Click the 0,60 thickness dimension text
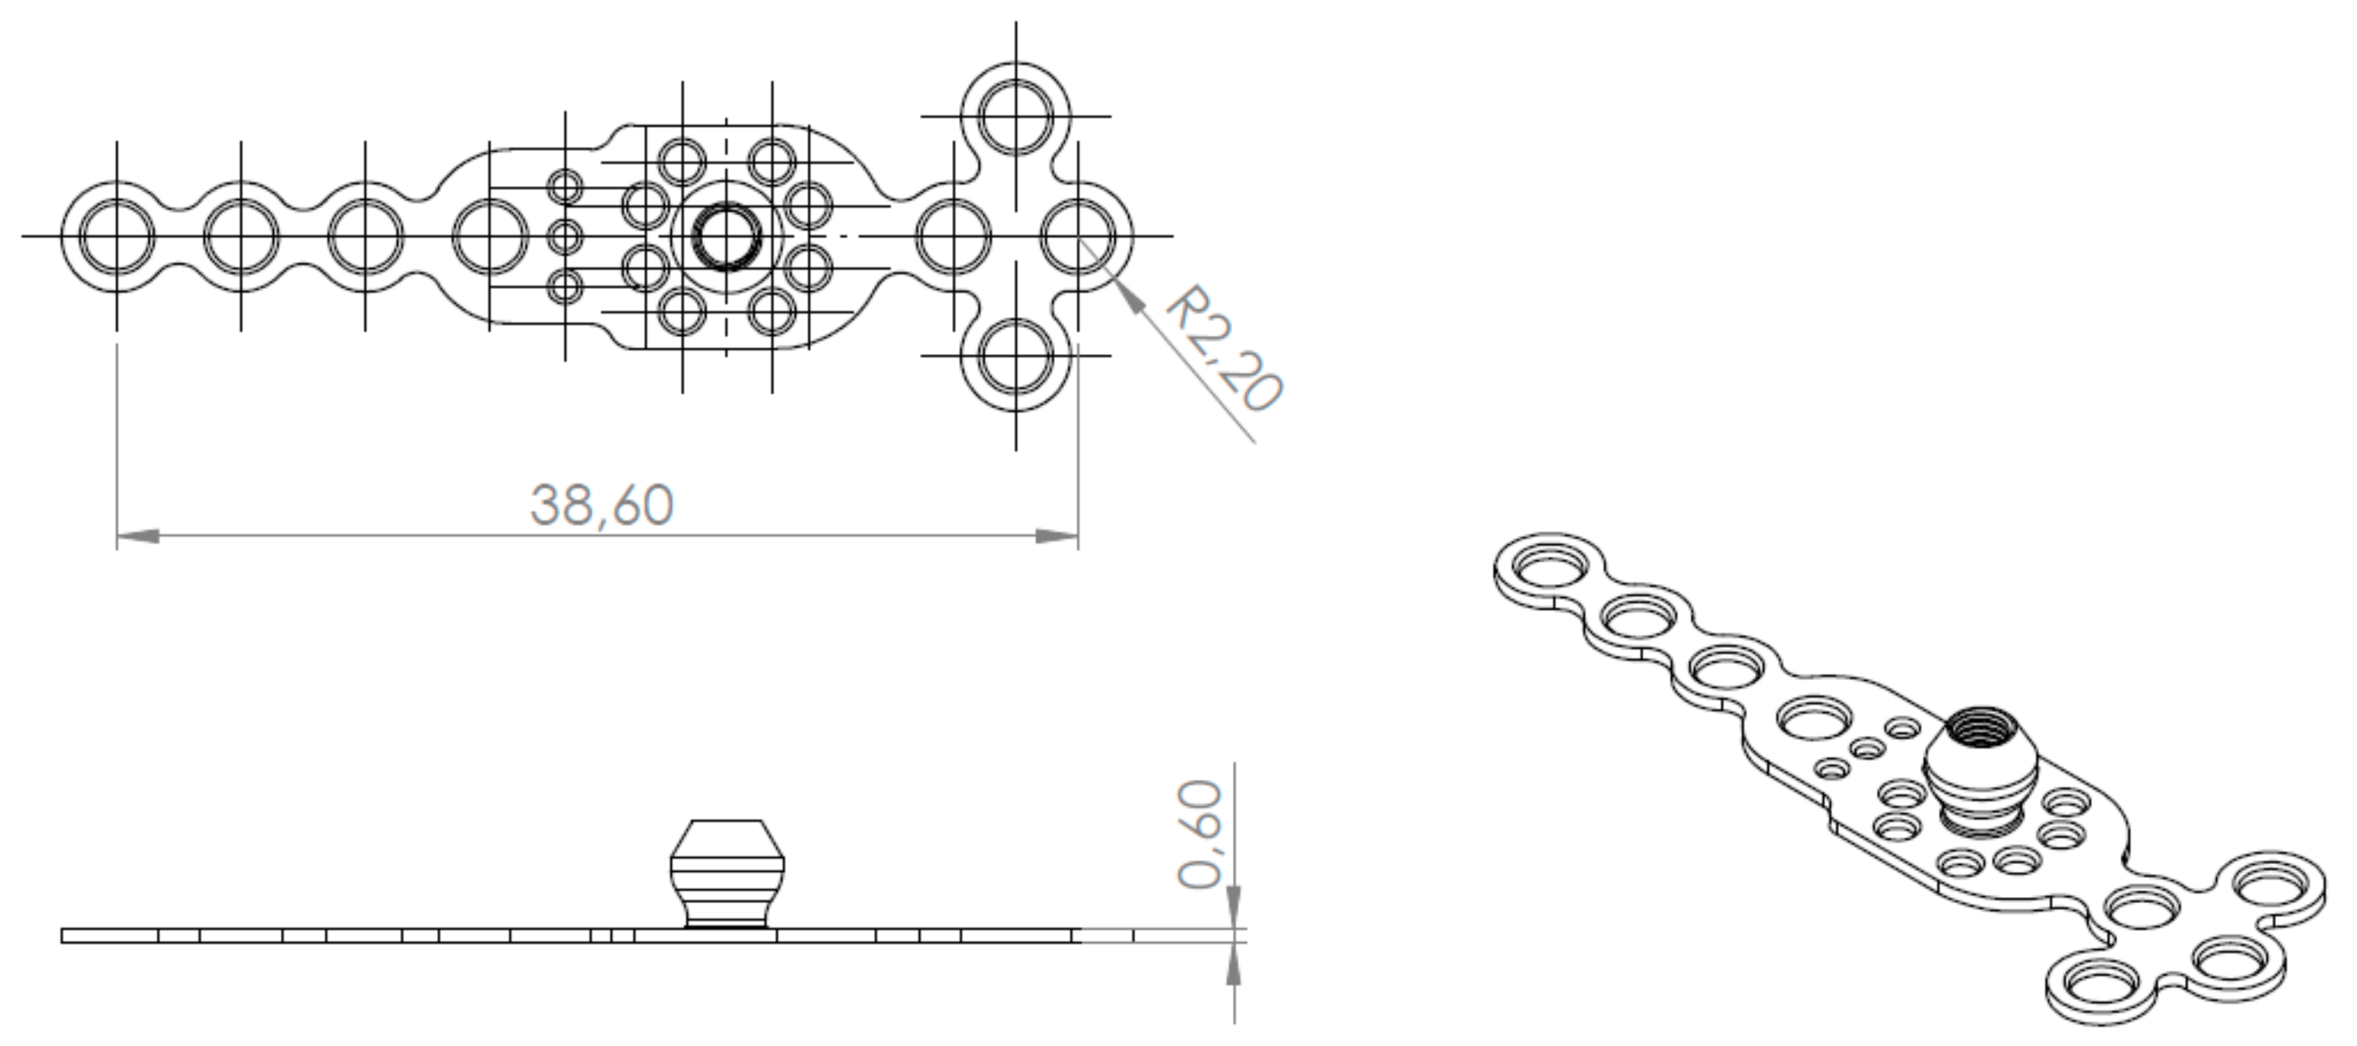click(x=1200, y=834)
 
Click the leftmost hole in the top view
click(x=116, y=235)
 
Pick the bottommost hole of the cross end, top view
click(x=1016, y=355)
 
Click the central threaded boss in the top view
click(x=726, y=235)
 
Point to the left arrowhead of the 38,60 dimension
click(x=137, y=536)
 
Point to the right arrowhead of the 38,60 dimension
click(x=1058, y=536)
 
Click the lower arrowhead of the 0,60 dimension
click(x=1233, y=964)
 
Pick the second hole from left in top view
click(x=241, y=235)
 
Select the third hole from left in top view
click(x=365, y=235)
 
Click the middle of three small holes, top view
click(x=565, y=236)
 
